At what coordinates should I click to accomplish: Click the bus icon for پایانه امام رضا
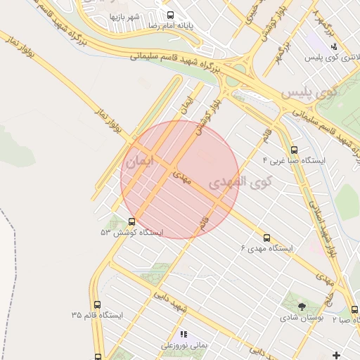click(x=170, y=15)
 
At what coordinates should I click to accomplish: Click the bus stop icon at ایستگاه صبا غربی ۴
click(x=294, y=150)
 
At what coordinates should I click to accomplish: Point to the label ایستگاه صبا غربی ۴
click(x=294, y=161)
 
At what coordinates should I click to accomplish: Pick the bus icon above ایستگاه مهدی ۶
click(x=266, y=238)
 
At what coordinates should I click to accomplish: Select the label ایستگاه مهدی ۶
click(x=266, y=248)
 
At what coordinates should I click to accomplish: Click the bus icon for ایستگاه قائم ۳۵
click(x=96, y=304)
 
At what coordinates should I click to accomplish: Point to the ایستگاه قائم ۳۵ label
click(x=96, y=315)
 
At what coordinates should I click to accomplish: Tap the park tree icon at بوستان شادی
click(x=302, y=307)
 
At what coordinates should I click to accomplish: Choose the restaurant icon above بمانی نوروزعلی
click(x=184, y=335)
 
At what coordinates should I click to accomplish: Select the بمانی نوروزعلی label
click(x=184, y=345)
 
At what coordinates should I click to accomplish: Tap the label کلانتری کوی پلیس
click(x=328, y=58)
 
